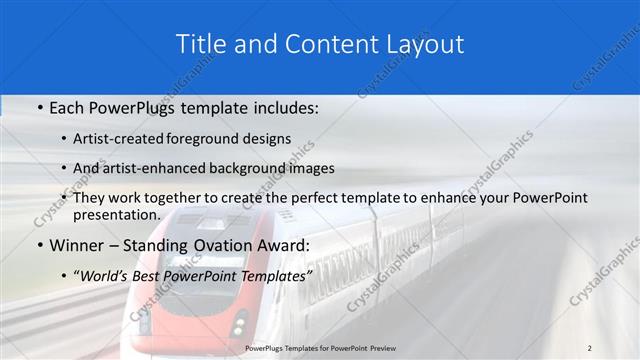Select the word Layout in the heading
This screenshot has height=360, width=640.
point(424,45)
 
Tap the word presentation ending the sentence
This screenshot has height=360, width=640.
point(116,214)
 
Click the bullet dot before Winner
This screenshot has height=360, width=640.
point(38,245)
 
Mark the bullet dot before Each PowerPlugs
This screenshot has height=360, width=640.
point(38,107)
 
